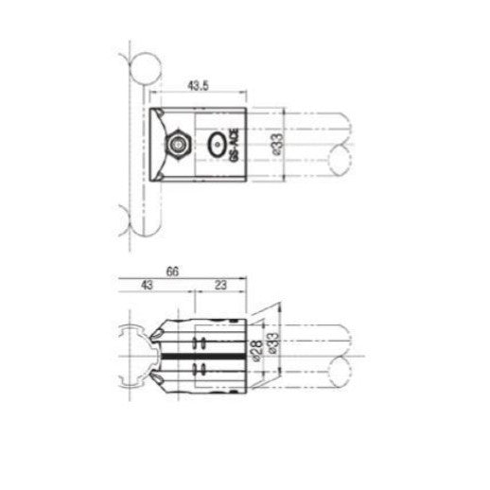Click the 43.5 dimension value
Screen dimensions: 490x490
[x=198, y=86]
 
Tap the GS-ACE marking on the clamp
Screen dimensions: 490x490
[x=236, y=146]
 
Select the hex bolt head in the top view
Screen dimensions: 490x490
[x=177, y=146]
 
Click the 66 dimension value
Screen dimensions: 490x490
[x=173, y=271]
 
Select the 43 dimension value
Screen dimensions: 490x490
[x=147, y=284]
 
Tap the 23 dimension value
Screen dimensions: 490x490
[x=219, y=284]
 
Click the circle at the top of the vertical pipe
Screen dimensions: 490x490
[x=144, y=68]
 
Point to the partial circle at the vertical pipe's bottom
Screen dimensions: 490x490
[x=139, y=221]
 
